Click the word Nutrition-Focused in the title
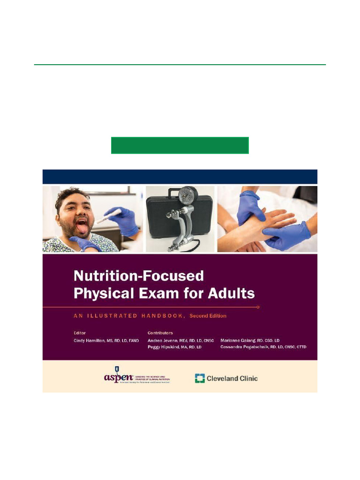[x=138, y=275]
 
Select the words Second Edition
[x=208, y=316]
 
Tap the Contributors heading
[x=160, y=333]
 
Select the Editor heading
[x=80, y=333]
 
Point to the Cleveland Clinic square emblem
[x=200, y=378]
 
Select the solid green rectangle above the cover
[x=180, y=145]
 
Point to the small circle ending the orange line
[x=258, y=307]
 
